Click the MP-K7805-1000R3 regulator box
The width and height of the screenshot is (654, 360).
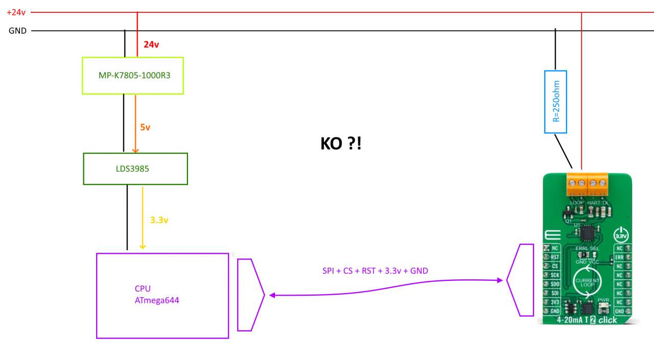133,75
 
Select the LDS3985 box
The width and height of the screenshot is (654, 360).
135,169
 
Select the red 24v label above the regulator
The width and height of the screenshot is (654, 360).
151,45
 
